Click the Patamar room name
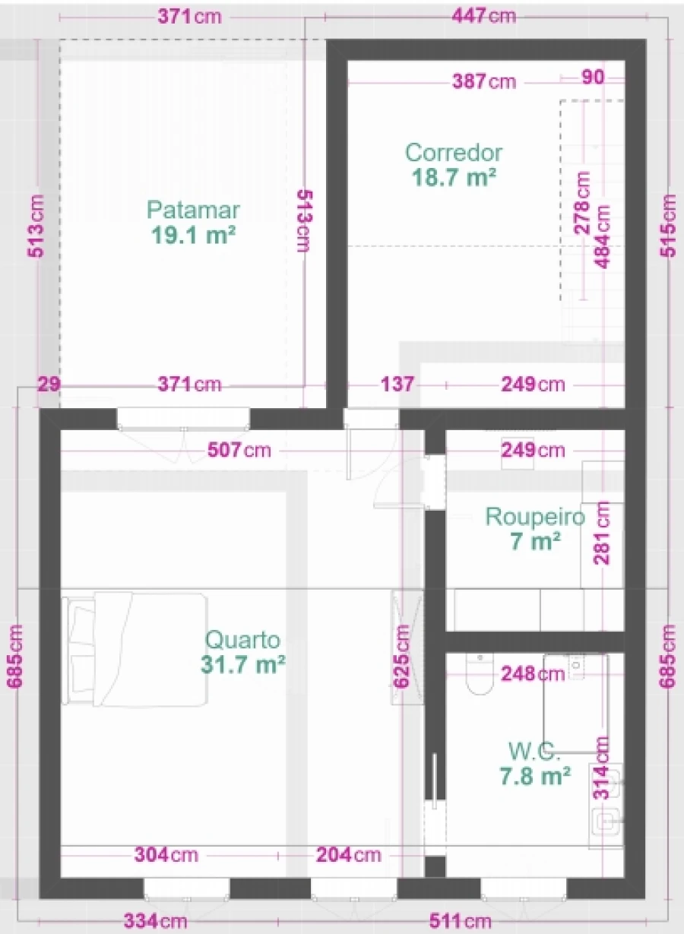pyautogui.click(x=193, y=211)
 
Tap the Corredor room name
pyautogui.click(x=454, y=153)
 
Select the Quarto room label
pyautogui.click(x=242, y=640)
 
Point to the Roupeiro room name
pyautogui.click(x=535, y=517)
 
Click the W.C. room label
pyautogui.click(x=534, y=751)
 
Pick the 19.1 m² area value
pyautogui.click(x=193, y=235)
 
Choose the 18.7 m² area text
pyautogui.click(x=454, y=178)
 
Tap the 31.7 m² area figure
pyautogui.click(x=242, y=664)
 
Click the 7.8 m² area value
pyautogui.click(x=535, y=775)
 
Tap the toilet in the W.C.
pyautogui.click(x=480, y=674)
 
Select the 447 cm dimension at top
pyautogui.click(x=484, y=17)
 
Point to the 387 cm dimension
pyautogui.click(x=484, y=81)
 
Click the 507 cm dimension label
pyautogui.click(x=239, y=451)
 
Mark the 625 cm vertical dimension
pyautogui.click(x=401, y=656)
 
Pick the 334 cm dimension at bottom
pyautogui.click(x=155, y=920)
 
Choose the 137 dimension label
pyautogui.click(x=397, y=384)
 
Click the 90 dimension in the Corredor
pyautogui.click(x=593, y=78)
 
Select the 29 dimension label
pyautogui.click(x=49, y=384)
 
